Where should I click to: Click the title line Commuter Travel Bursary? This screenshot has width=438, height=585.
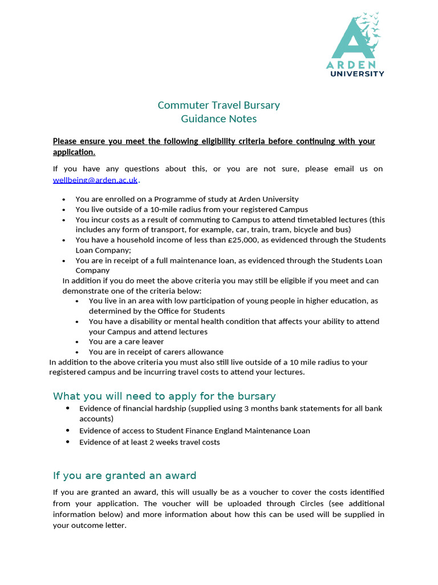(x=218, y=105)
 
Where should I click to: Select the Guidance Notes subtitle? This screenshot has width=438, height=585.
(x=218, y=119)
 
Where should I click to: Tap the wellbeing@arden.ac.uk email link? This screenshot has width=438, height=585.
(x=95, y=180)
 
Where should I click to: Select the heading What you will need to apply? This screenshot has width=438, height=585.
(x=164, y=396)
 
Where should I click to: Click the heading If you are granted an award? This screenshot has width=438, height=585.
(x=124, y=475)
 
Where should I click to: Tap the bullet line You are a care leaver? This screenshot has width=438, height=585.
(x=126, y=342)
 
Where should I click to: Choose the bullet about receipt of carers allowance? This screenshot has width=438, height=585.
(x=156, y=352)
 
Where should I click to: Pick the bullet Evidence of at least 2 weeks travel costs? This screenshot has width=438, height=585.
(x=149, y=442)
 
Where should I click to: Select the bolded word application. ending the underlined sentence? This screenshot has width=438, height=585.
(x=74, y=153)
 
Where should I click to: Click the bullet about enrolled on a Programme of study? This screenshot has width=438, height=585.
(x=186, y=199)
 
